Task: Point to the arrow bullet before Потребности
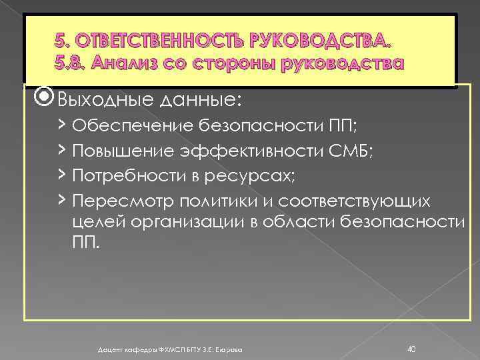click(61, 175)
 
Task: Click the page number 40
click(411, 348)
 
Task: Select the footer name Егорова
click(229, 349)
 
